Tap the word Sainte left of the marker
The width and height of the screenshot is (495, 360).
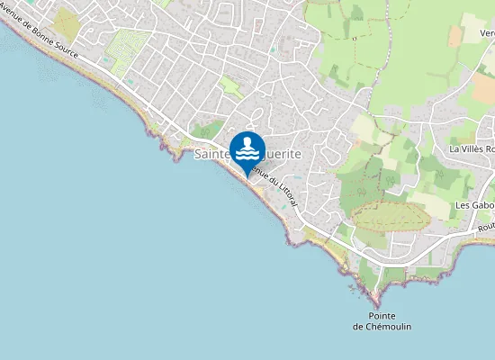coord(212,155)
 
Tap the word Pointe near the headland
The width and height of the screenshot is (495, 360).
coord(382,315)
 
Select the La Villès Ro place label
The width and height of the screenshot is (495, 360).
coord(472,148)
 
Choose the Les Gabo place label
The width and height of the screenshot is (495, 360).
coord(474,205)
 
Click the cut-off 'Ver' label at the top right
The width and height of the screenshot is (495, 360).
coord(487,33)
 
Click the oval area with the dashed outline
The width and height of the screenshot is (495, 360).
coord(388,216)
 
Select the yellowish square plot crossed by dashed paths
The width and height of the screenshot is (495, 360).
coord(66,22)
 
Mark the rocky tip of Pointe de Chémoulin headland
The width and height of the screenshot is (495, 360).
coord(373,300)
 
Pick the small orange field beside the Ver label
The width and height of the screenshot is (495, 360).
coord(455,35)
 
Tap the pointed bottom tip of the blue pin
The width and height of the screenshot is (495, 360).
coord(247,176)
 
